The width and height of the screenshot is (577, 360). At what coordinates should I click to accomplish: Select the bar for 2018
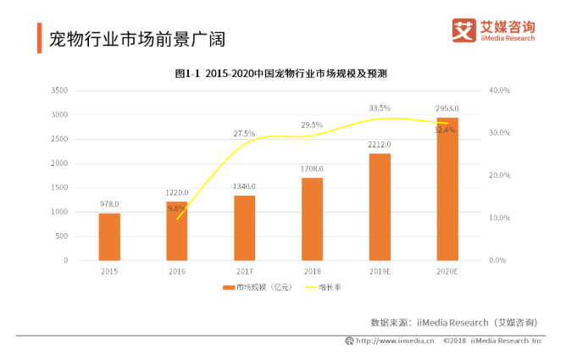coord(312,219)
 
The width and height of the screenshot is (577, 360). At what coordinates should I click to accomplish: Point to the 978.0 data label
coord(108,204)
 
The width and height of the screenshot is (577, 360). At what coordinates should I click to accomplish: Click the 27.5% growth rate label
coord(244,134)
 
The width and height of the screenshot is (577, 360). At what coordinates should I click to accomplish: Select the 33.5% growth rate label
coord(380,108)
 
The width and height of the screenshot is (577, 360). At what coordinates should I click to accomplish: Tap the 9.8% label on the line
coord(176,208)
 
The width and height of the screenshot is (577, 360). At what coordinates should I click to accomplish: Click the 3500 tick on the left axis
coord(59,90)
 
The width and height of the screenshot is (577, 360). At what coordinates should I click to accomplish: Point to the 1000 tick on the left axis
coord(59,212)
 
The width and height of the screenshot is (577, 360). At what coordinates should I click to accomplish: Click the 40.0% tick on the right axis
coord(500,90)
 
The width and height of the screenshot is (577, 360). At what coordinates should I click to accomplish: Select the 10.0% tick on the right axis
coord(500,218)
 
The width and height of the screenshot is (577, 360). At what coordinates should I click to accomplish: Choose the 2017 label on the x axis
coord(244,272)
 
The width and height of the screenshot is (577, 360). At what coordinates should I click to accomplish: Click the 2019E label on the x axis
coord(380,272)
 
